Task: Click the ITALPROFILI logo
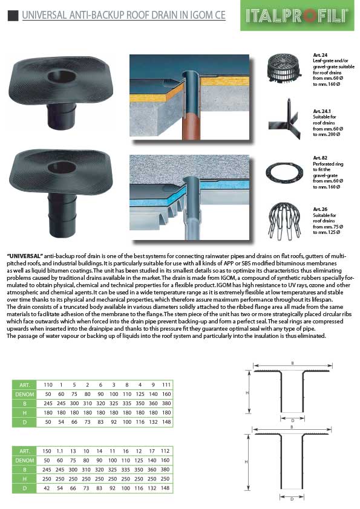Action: [297, 15]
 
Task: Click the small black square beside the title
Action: [13, 15]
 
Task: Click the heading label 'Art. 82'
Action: [320, 158]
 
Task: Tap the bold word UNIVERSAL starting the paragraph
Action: [25, 256]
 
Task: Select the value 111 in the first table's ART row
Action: [166, 384]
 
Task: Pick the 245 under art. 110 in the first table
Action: [48, 403]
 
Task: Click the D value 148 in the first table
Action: [166, 422]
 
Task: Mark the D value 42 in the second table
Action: [47, 488]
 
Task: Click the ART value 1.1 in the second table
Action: [60, 451]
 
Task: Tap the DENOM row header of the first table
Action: [25, 394]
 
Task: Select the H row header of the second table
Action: [25, 479]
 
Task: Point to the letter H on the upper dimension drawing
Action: [247, 393]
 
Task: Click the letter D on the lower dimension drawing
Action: [292, 499]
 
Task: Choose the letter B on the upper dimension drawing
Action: [292, 363]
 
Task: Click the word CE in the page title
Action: [220, 15]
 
